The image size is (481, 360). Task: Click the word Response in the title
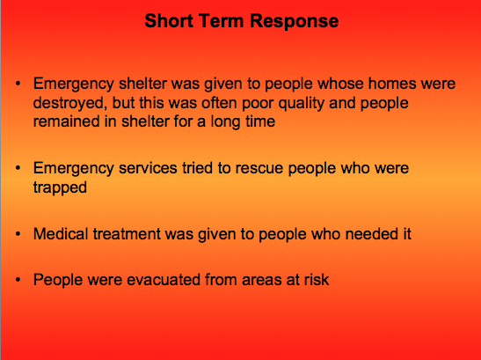pyautogui.click(x=295, y=21)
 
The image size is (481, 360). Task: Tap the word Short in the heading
pyautogui.click(x=169, y=20)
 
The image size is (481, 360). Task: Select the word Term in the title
pyautogui.click(x=222, y=20)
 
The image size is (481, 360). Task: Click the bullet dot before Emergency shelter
pyautogui.click(x=18, y=84)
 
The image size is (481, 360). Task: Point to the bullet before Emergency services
pyautogui.click(x=18, y=168)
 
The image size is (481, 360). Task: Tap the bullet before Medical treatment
pyautogui.click(x=18, y=234)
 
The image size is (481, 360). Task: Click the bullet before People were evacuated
pyautogui.click(x=18, y=280)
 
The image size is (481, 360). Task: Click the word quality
pyautogui.click(x=302, y=103)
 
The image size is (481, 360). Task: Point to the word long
pyautogui.click(x=225, y=122)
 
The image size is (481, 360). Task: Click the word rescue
pyautogui.click(x=259, y=168)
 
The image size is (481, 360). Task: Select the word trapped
pyautogui.click(x=60, y=187)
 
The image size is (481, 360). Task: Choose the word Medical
pyautogui.click(x=61, y=234)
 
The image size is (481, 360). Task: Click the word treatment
pyautogui.click(x=127, y=234)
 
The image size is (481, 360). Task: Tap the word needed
pyautogui.click(x=369, y=234)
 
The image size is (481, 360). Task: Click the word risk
pyautogui.click(x=317, y=280)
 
